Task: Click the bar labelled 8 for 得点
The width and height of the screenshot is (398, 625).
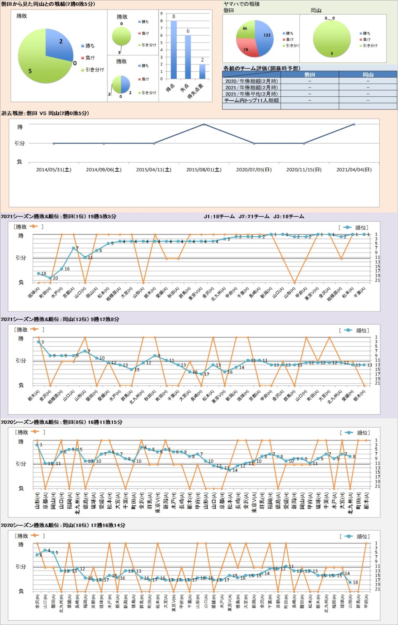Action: point(174,50)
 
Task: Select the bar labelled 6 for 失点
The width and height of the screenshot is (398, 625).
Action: point(188,57)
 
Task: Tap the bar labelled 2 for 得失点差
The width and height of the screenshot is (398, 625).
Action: point(202,71)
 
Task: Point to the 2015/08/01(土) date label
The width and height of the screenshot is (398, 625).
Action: point(204,169)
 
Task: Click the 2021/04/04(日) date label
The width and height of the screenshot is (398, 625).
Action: point(354,169)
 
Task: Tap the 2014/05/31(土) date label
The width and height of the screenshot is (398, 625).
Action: point(54,169)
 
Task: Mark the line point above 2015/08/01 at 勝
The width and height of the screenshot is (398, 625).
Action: point(204,124)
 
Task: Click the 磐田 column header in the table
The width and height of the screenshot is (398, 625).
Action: point(309,74)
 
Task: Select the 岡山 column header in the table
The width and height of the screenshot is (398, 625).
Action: point(368,74)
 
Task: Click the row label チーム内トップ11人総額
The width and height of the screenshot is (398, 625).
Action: point(251,100)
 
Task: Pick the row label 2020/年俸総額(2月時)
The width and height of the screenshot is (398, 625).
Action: point(251,81)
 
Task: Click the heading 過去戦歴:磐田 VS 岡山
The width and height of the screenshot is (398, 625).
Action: point(45,113)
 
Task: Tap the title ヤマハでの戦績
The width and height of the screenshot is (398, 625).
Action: point(242,4)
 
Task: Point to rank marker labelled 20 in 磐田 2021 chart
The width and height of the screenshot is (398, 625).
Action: point(50,278)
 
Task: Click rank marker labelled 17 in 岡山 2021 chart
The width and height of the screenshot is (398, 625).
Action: point(201,374)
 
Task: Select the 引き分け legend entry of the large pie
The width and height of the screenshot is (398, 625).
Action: point(94,70)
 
